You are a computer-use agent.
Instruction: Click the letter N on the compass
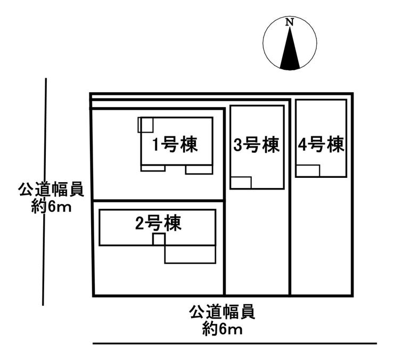(x=290, y=22)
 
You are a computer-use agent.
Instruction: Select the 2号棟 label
(x=158, y=224)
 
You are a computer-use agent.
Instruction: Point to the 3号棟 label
(x=256, y=145)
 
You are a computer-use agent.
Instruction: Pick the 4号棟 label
(x=321, y=145)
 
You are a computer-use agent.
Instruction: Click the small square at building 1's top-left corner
(x=145, y=125)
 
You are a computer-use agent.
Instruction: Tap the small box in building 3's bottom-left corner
(x=241, y=183)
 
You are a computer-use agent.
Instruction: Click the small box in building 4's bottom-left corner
(x=308, y=170)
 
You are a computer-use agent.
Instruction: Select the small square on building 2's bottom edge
(x=159, y=239)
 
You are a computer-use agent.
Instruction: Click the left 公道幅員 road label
(x=51, y=190)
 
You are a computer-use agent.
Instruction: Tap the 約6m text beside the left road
(x=51, y=207)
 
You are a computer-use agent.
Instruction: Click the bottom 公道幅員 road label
(x=222, y=312)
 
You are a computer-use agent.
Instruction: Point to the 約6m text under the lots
(x=222, y=329)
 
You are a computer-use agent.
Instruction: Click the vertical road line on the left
(x=45, y=192)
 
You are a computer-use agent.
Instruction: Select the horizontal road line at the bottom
(x=234, y=343)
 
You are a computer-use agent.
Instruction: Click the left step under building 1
(x=153, y=169)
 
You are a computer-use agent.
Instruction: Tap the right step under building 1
(x=199, y=170)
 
